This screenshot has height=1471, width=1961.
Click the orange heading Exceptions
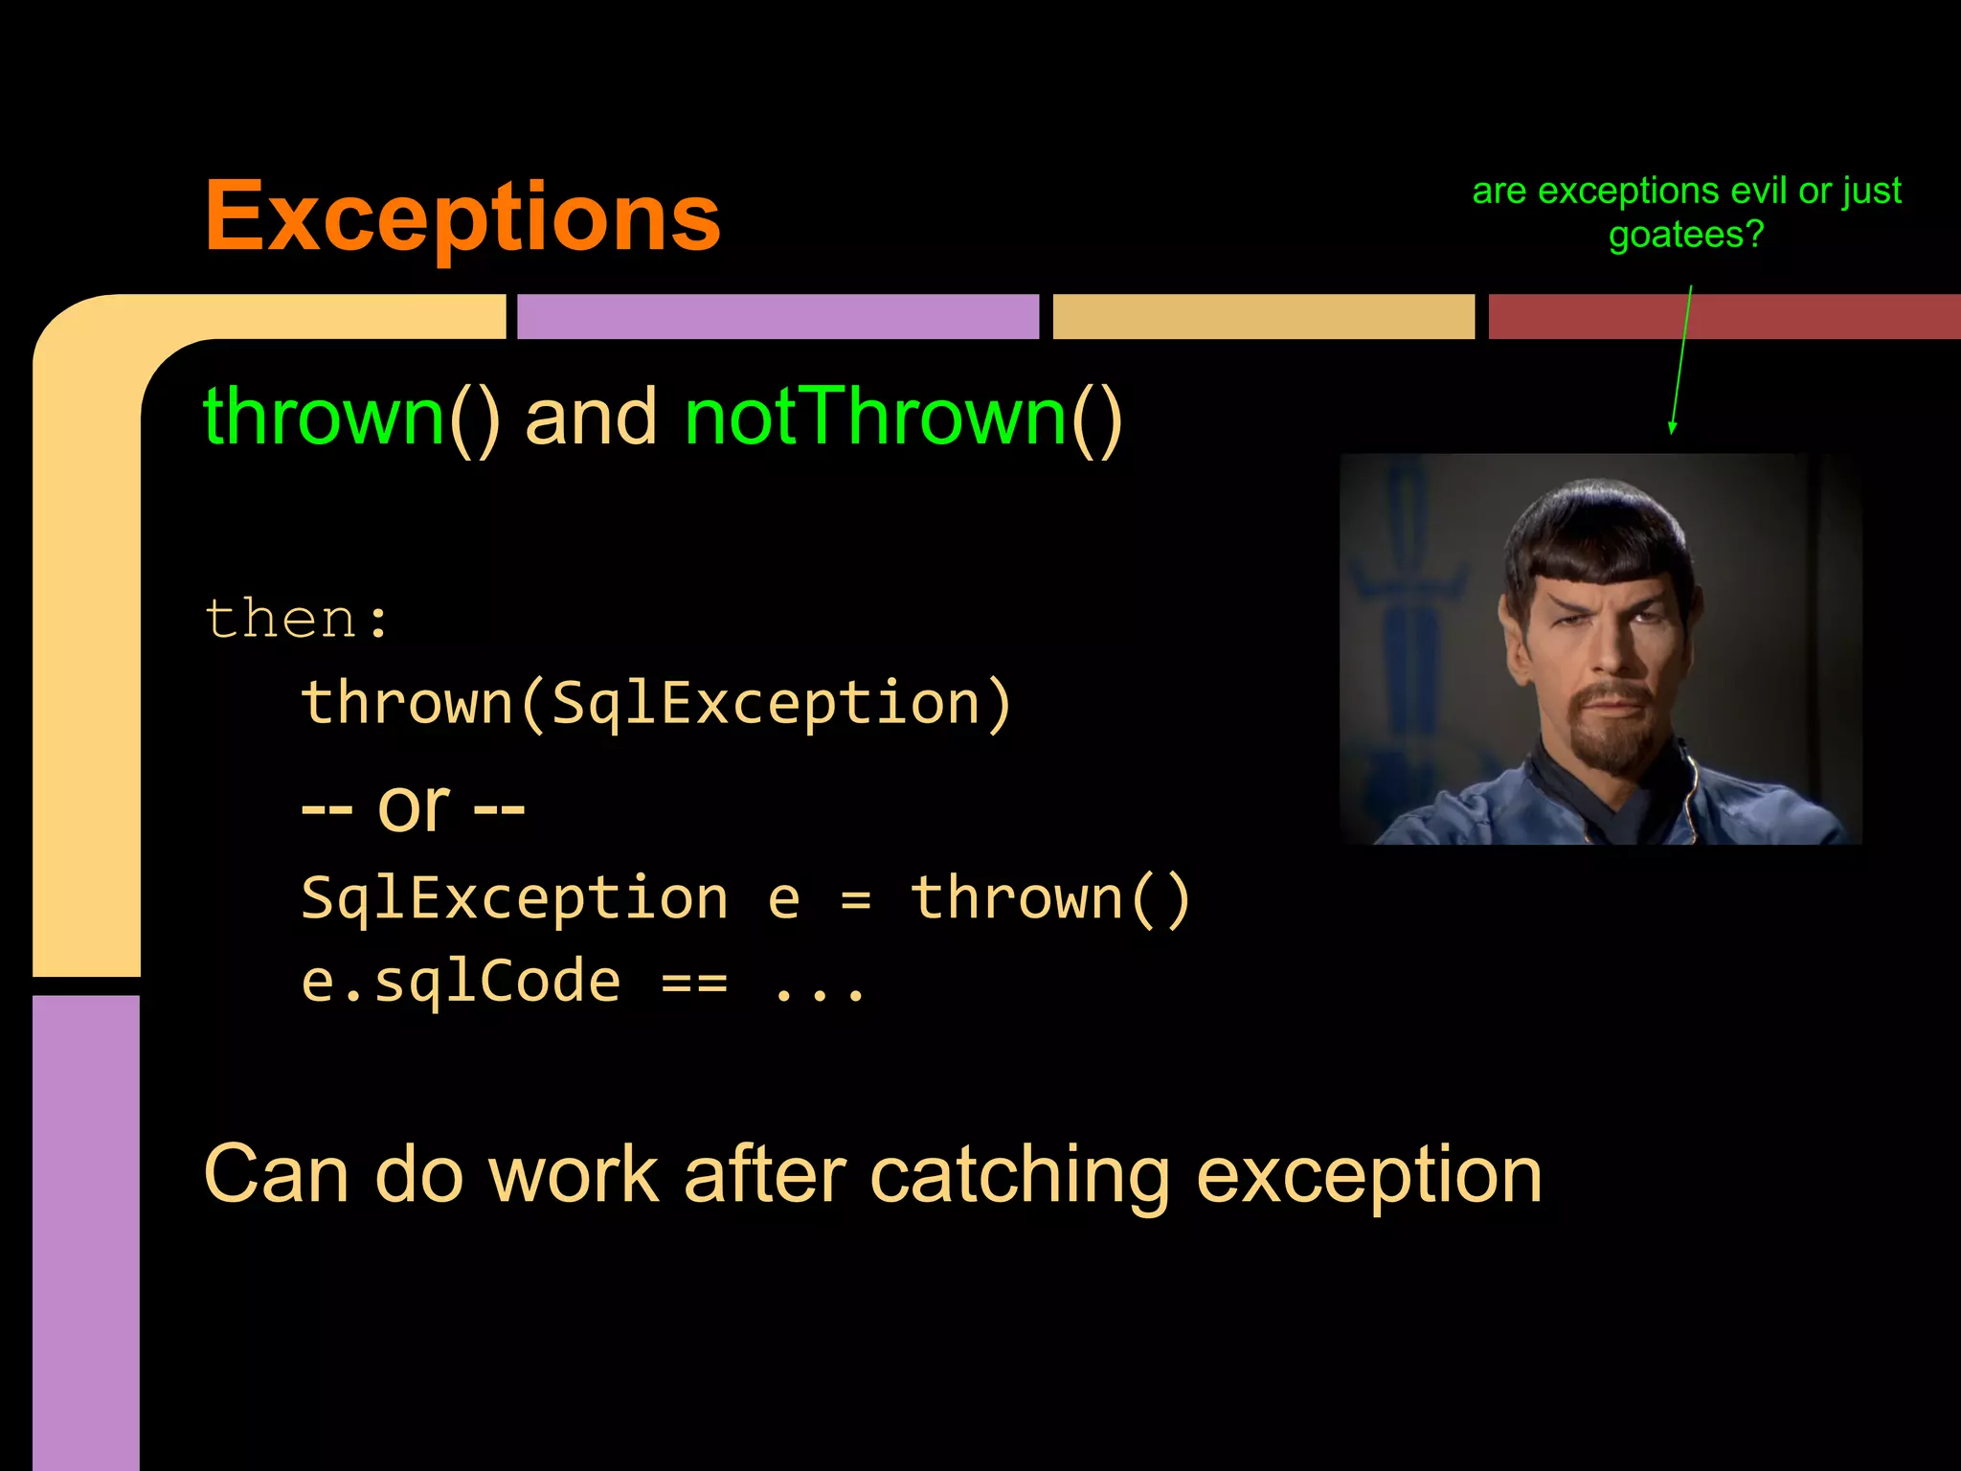click(462, 217)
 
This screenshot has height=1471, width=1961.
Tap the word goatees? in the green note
click(1685, 235)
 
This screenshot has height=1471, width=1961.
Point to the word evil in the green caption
click(1759, 191)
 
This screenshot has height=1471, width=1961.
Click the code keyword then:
click(297, 618)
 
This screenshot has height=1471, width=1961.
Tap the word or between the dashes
click(413, 806)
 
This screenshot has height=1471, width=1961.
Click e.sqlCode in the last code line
click(461, 982)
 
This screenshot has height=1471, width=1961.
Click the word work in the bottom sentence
click(574, 1175)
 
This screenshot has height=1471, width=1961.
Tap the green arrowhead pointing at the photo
click(1672, 427)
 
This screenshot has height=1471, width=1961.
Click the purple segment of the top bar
click(778, 316)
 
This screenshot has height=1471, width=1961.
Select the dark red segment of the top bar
click(1724, 316)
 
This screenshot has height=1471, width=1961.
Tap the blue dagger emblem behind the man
click(1408, 613)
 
